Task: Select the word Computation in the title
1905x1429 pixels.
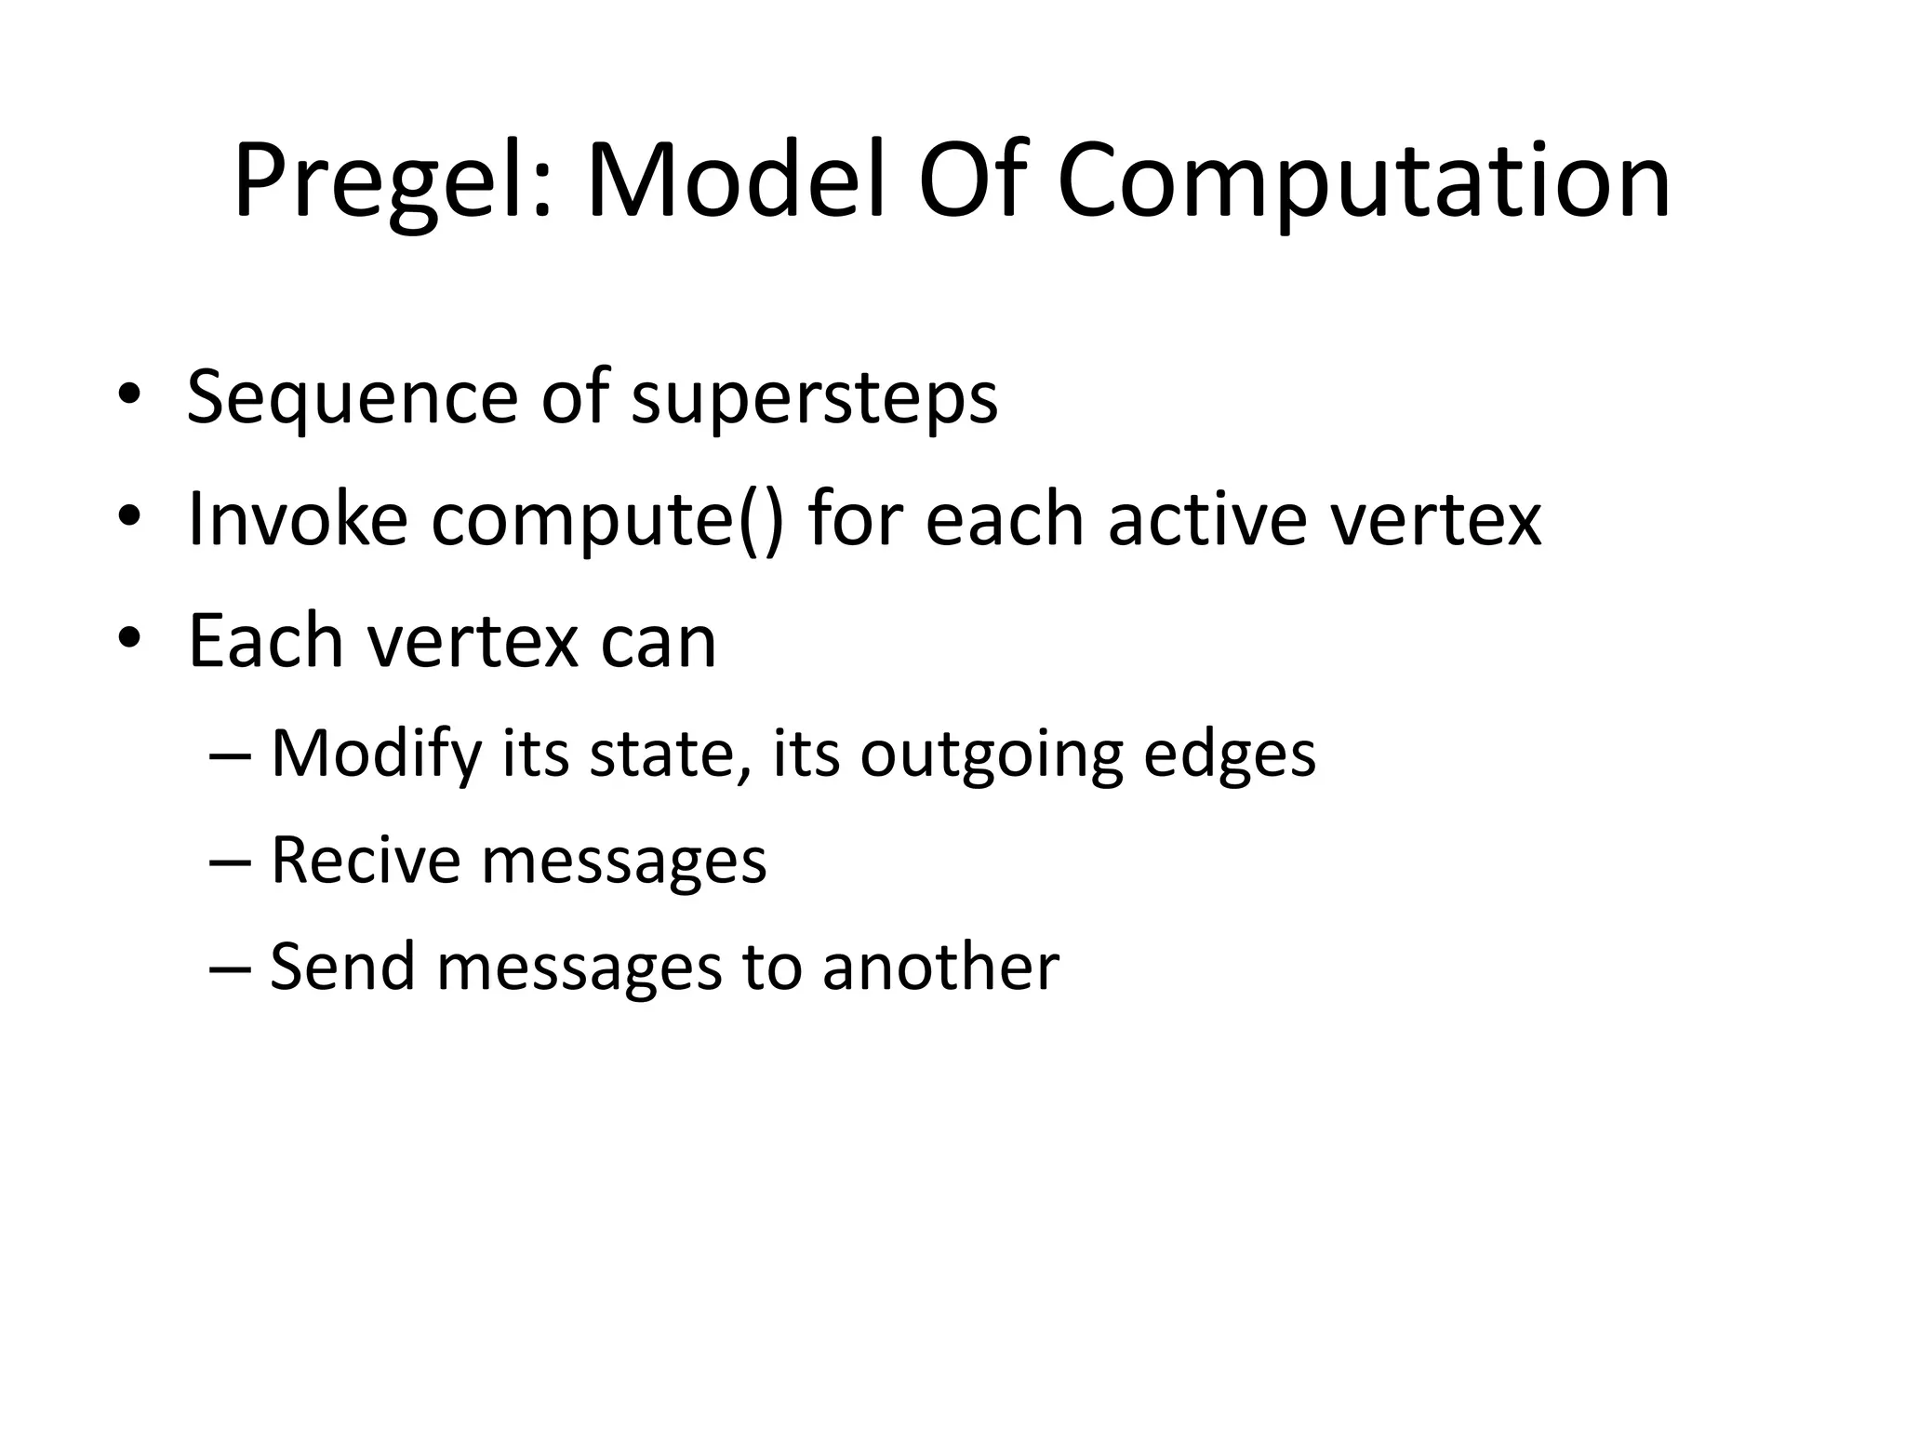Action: [1364, 181]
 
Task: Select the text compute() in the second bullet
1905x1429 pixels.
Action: [607, 520]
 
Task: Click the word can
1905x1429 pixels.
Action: [659, 642]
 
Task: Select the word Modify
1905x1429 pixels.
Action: [376, 754]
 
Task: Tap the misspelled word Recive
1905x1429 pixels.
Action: [365, 860]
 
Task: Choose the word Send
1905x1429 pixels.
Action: [341, 967]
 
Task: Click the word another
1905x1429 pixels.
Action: [940, 967]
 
